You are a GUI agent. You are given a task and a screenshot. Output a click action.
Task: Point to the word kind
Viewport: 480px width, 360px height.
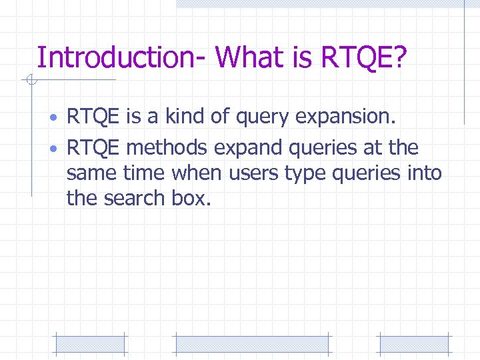189,118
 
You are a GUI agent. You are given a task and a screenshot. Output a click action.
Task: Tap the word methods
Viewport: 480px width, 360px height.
167,147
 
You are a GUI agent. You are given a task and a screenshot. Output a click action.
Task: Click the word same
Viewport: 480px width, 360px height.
91,173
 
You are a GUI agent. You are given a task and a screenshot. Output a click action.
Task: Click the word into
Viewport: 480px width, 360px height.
423,173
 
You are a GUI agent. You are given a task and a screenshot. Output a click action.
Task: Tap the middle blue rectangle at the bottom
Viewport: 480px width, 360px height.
251,344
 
